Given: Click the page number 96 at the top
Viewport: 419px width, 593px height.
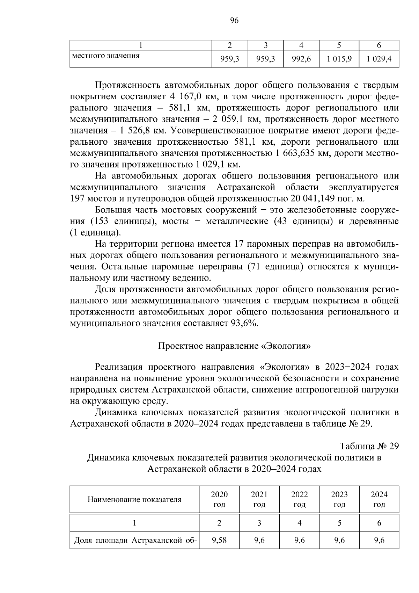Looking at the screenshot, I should click(234, 21).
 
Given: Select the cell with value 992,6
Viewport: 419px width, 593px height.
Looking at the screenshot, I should click(301, 59).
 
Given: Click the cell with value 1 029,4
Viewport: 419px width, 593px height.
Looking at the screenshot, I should click(379, 59).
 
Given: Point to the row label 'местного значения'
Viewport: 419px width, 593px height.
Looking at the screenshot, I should click(106, 56).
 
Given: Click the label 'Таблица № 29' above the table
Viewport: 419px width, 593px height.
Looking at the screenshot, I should click(369, 446).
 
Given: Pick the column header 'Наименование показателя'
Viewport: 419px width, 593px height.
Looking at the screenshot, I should click(134, 499).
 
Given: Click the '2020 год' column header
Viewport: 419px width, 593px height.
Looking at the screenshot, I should click(219, 499).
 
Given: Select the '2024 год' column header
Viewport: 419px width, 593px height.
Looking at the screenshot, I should click(379, 499).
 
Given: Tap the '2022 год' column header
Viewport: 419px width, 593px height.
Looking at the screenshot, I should click(300, 499).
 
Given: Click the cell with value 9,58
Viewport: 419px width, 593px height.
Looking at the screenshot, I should click(219, 540).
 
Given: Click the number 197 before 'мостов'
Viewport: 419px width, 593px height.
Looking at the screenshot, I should click(77, 198).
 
